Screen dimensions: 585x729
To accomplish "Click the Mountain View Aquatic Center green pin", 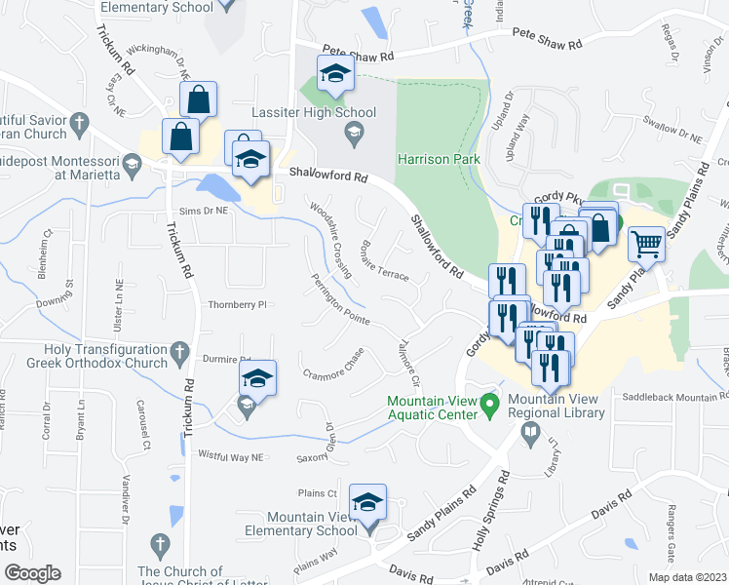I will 492,402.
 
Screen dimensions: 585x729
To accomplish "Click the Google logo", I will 32,573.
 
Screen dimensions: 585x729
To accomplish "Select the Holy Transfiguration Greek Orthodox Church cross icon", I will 179,350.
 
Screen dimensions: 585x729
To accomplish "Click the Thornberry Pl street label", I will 237,304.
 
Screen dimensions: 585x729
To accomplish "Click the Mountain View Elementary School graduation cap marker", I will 368,502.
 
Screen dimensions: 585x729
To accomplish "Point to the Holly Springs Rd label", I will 490,512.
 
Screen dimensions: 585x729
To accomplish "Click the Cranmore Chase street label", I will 333,365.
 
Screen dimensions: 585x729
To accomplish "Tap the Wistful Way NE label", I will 231,455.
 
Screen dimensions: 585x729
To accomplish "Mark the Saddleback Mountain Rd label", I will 675,398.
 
